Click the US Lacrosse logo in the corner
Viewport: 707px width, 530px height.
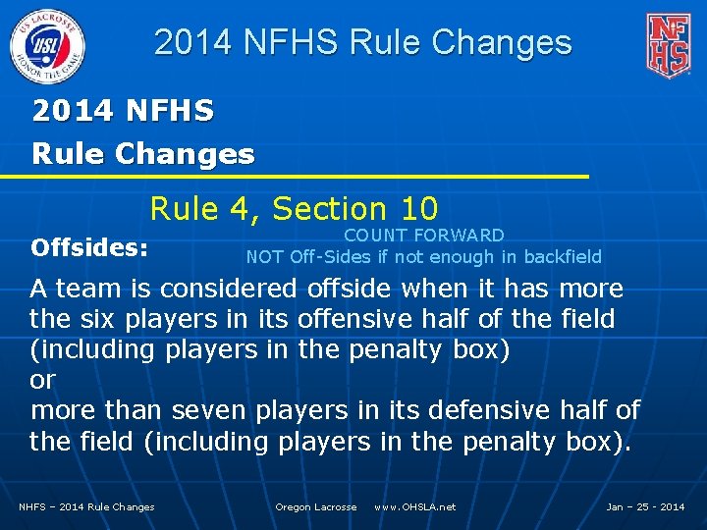[46, 44]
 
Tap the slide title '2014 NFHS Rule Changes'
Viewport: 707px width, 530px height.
[362, 42]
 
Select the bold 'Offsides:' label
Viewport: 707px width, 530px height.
[89, 248]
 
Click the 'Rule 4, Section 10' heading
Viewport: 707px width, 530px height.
[294, 208]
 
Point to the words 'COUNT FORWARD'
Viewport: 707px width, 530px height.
[423, 236]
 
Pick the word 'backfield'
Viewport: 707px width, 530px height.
[563, 257]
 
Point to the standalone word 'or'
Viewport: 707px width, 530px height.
[43, 381]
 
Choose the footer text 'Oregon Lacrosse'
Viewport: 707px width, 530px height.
[315, 507]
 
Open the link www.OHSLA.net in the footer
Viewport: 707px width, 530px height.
[414, 507]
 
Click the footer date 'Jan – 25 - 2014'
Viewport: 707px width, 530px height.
[645, 507]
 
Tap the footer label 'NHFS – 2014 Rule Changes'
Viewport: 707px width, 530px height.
[86, 507]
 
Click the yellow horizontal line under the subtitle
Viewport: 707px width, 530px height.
[295, 177]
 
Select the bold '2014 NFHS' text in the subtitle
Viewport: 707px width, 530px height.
[123, 111]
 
